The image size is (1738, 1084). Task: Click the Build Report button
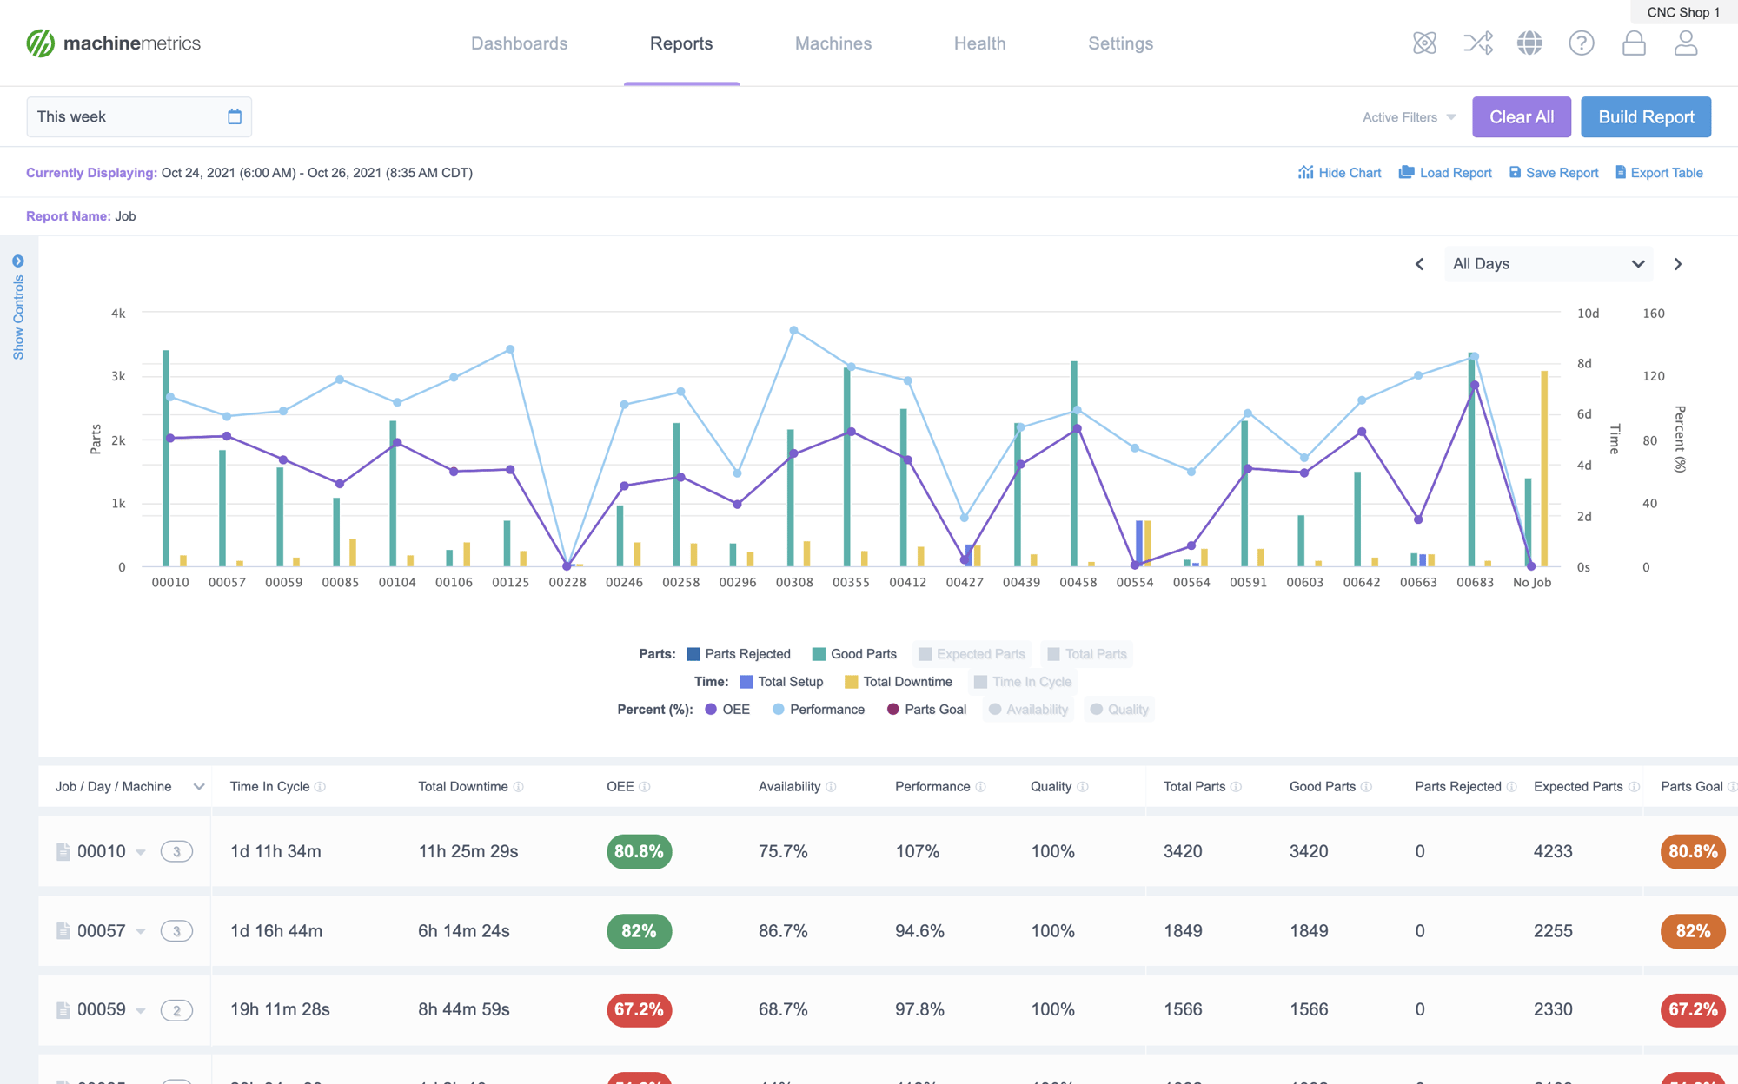point(1645,117)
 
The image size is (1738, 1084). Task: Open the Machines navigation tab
point(833,43)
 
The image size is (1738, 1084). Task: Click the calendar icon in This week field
point(235,116)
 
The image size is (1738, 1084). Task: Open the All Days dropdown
point(1548,264)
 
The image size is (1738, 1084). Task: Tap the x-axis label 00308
point(793,583)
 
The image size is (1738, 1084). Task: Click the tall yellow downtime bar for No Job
point(1544,469)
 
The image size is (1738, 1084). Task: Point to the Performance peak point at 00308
point(793,330)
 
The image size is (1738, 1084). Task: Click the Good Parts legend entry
point(854,654)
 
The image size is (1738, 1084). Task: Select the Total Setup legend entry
point(781,682)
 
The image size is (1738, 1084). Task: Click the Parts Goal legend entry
point(926,710)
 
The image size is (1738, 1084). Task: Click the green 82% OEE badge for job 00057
point(639,931)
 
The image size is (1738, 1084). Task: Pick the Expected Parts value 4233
point(1552,851)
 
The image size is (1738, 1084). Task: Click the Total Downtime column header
point(462,787)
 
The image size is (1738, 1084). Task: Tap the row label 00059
point(101,1010)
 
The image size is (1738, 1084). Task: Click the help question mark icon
point(1581,43)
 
